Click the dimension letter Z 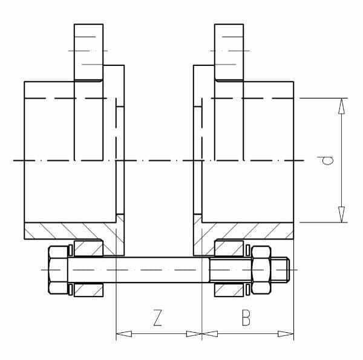[157, 318]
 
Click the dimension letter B [246, 318]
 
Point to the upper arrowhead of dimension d [341, 106]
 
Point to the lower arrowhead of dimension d [341, 214]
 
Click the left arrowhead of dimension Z [124, 333]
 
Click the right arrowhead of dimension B [286, 333]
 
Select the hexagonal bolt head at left [58, 270]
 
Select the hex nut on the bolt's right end [261, 270]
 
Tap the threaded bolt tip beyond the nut [280, 270]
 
